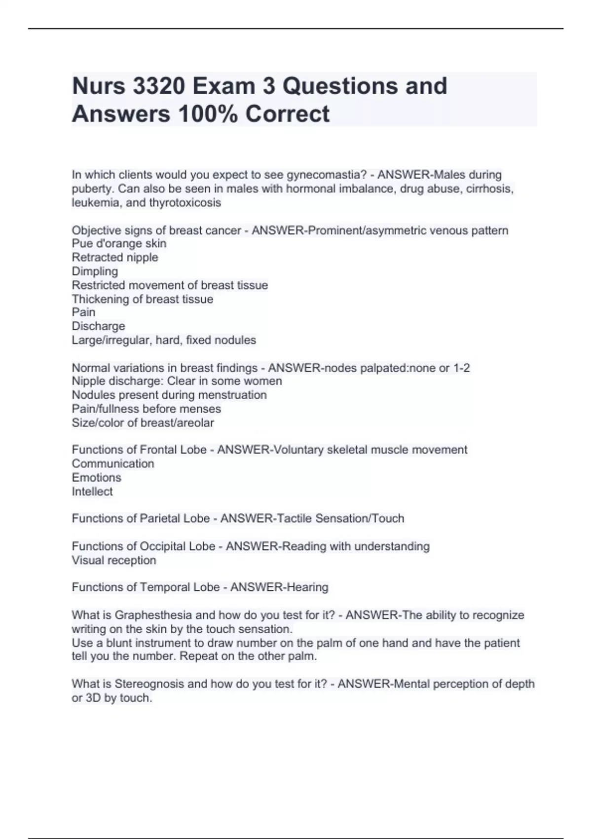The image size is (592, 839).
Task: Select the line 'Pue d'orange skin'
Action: point(119,243)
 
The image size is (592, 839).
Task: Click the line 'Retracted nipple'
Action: point(115,257)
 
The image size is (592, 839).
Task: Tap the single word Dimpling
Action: point(95,271)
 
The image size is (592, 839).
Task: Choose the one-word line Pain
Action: point(83,312)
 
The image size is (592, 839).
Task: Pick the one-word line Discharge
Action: point(98,326)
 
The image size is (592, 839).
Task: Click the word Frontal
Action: point(158,450)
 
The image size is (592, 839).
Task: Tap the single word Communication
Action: point(113,463)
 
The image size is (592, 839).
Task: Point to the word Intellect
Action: point(92,491)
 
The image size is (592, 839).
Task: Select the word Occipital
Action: point(163,546)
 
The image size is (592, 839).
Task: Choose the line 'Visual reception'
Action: point(114,560)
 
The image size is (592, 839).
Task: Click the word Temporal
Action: point(165,587)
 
